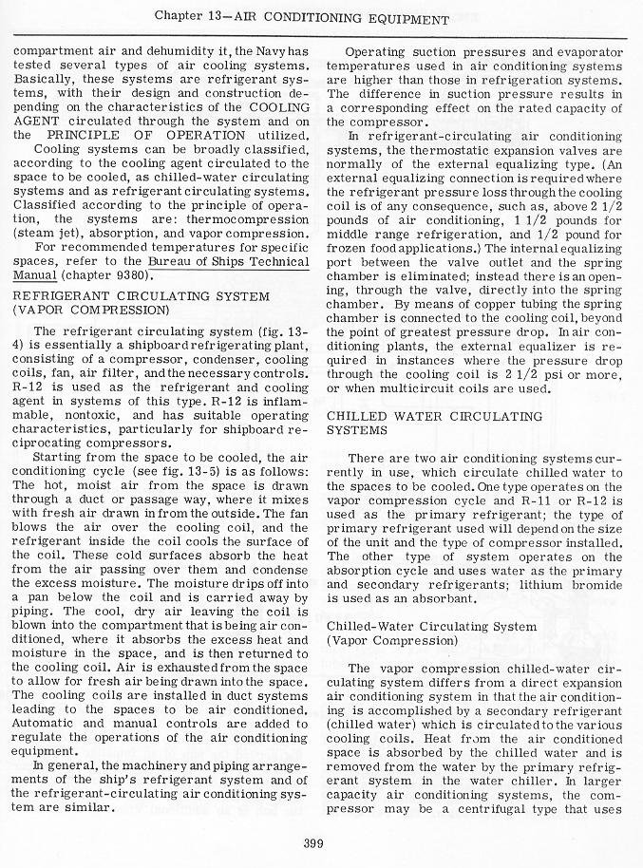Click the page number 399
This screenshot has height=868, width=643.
pyautogui.click(x=315, y=841)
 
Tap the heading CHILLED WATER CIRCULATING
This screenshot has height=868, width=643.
pyautogui.click(x=434, y=416)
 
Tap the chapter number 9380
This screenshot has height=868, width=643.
pyautogui.click(x=129, y=275)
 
